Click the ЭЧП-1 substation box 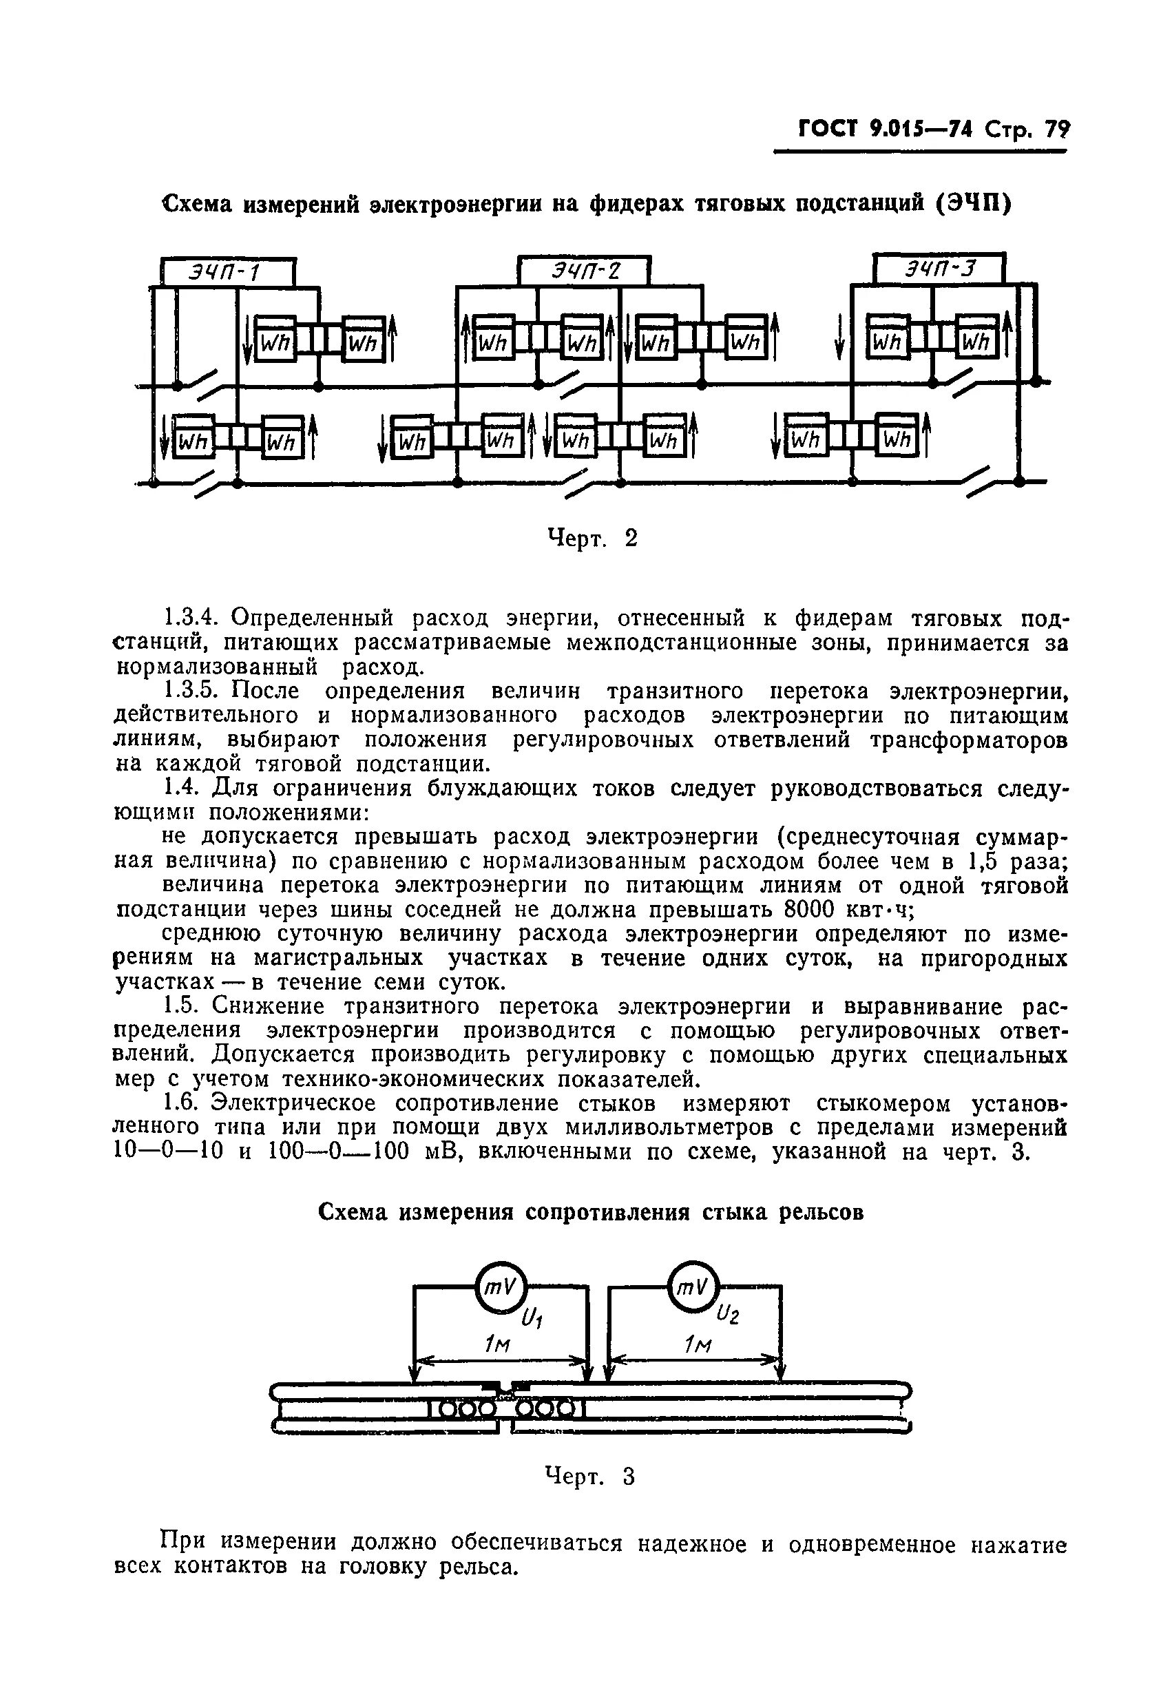pos(227,273)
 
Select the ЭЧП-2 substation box pos(585,271)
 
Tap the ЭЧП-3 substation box pos(939,269)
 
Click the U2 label pos(727,1314)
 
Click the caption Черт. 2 pos(592,539)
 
